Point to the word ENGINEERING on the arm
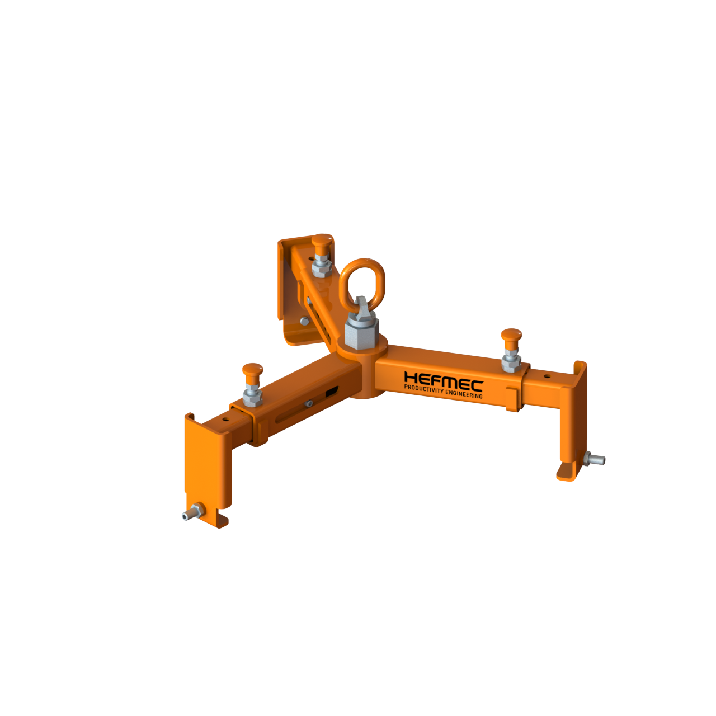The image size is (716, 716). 464,394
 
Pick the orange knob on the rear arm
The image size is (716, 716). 322,241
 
